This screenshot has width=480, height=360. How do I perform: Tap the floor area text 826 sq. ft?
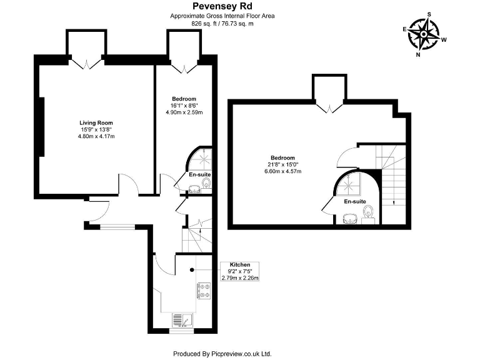click(207, 23)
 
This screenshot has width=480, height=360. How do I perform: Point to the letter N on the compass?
click(418, 54)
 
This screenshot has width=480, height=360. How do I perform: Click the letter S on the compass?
click(429, 13)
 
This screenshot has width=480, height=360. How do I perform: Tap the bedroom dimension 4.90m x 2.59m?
click(184, 112)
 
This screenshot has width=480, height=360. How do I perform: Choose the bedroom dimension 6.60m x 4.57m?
click(282, 171)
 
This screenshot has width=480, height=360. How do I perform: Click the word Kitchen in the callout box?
click(240, 264)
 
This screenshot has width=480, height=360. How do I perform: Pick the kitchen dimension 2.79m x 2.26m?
click(240, 278)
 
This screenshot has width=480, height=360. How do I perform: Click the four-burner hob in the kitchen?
click(204, 290)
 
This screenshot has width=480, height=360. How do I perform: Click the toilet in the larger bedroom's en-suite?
click(369, 214)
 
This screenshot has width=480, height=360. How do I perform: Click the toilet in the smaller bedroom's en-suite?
click(207, 182)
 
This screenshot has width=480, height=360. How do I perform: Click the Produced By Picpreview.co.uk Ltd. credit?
click(222, 353)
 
